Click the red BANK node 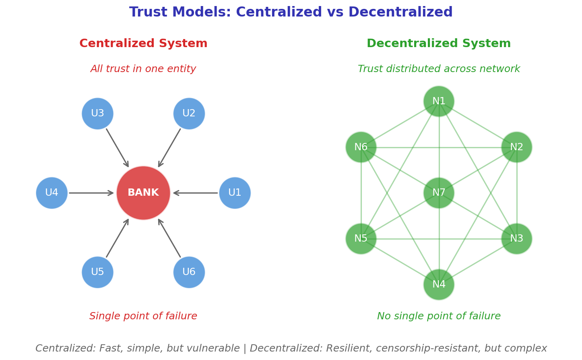pos(143,193)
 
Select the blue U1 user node pos(235,193)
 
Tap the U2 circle pos(189,114)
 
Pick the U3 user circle pos(97,114)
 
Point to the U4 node pos(52,193)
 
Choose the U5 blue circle pos(97,272)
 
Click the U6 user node pos(189,272)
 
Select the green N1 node pos(439,101)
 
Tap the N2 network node pos(516,147)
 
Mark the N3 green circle pos(516,239)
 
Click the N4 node pos(439,285)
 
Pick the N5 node pos(361,239)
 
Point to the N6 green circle pos(361,147)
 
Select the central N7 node pos(439,193)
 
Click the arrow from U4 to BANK pos(91,193)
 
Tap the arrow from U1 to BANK pos(196,193)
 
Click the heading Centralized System pos(143,44)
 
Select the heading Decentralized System pos(439,44)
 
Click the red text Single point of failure pos(143,317)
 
